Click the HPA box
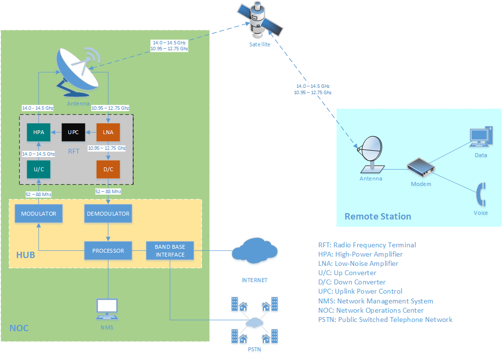(x=39, y=132)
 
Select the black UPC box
(x=74, y=132)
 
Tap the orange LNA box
(x=108, y=132)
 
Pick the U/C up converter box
(x=39, y=169)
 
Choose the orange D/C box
(x=108, y=169)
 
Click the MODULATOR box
(x=39, y=214)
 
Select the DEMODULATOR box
(x=108, y=214)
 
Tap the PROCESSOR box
(x=108, y=251)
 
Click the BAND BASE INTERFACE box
(x=170, y=251)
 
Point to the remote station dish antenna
(x=373, y=152)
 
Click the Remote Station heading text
(x=378, y=217)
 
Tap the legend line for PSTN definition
(x=385, y=320)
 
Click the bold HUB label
(x=25, y=255)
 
